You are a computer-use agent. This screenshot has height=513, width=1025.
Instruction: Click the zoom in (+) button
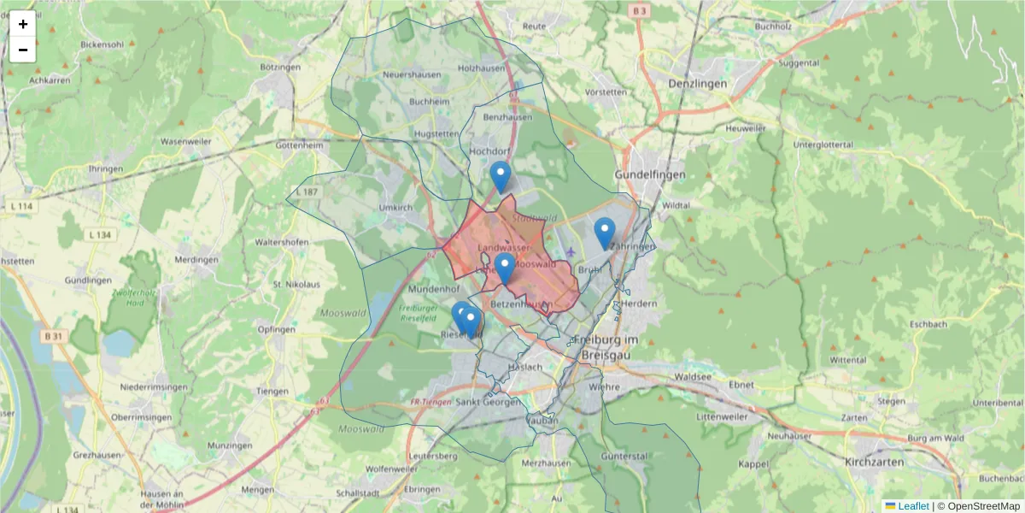(x=23, y=24)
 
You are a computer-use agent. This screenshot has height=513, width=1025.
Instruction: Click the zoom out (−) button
(x=23, y=50)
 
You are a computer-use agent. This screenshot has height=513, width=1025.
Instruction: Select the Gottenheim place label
(x=301, y=145)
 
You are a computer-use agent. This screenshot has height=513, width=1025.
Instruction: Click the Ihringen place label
(x=105, y=168)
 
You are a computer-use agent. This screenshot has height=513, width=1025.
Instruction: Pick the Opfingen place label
(x=276, y=329)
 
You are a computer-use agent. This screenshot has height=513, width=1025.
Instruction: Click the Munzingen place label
(x=230, y=445)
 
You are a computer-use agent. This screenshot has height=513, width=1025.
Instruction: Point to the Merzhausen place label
(x=545, y=463)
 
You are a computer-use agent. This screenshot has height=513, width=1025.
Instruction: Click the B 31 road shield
(x=53, y=336)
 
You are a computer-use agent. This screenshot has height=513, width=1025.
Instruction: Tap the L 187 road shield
(x=307, y=192)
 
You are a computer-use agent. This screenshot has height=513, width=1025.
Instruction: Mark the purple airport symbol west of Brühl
(x=570, y=251)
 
